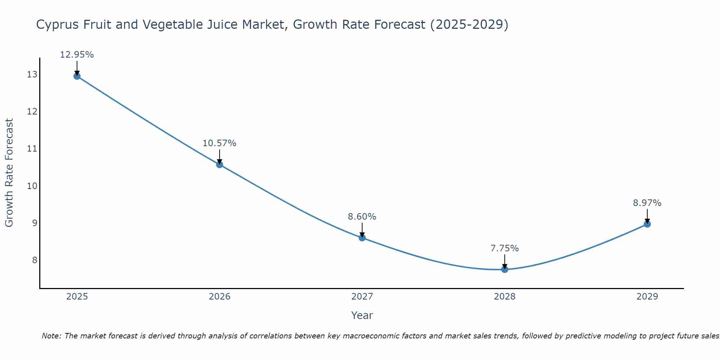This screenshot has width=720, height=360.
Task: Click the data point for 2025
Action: pos(77,76)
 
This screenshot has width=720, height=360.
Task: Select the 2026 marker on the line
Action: pos(220,165)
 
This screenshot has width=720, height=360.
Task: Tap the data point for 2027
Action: pos(362,238)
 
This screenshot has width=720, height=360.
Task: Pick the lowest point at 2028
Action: pos(505,269)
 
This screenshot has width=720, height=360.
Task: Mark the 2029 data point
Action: pos(647,224)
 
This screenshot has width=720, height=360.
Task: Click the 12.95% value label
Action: pos(77,55)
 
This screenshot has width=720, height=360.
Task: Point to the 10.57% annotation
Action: pos(219,143)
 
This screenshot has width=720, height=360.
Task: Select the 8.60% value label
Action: pos(362,217)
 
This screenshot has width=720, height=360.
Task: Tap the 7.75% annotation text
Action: pos(504,248)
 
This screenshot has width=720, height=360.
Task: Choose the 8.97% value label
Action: pos(647,203)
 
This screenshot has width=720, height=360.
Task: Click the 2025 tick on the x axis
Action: pos(77,297)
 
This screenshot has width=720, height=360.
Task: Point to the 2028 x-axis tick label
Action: pos(505,297)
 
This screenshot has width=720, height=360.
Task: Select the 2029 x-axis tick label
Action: pos(647,297)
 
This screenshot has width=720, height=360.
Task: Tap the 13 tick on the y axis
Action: pos(32,75)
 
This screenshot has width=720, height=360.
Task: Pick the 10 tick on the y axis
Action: pos(32,186)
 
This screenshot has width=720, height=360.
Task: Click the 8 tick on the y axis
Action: pos(35,260)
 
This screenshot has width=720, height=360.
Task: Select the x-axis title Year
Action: pos(362,315)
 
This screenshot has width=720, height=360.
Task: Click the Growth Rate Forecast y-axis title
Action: pos(9,173)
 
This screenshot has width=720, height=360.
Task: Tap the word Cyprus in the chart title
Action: pos(58,25)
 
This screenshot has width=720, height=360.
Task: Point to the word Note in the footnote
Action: pos(51,336)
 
